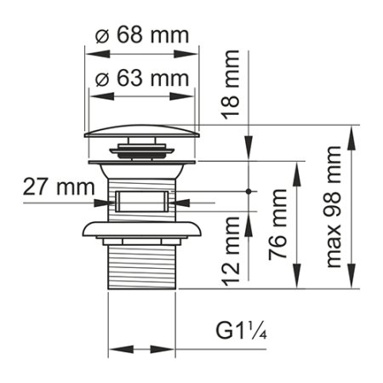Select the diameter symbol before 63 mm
(100, 78)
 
